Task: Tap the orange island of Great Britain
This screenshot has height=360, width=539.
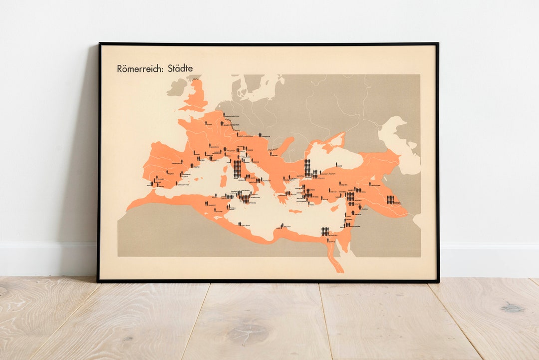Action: tap(198, 95)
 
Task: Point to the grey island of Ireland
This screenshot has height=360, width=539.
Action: tap(177, 87)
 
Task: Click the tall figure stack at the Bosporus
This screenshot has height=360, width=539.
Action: tap(307, 167)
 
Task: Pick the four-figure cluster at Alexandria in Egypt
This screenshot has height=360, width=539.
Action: tap(325, 231)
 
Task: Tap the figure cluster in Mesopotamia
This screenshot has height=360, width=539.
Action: tap(390, 200)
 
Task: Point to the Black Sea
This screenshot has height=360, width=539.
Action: tap(339, 157)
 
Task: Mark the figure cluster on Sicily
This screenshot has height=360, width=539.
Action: tap(245, 199)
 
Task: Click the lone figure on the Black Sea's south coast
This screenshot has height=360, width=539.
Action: tap(338, 164)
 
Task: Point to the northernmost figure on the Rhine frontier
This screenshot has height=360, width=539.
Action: tap(224, 113)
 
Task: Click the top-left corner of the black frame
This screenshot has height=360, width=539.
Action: tap(99, 44)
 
